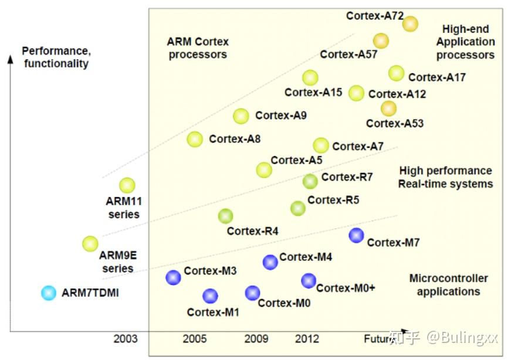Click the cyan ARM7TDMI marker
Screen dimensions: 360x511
(x=49, y=292)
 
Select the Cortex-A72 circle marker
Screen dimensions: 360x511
(x=410, y=23)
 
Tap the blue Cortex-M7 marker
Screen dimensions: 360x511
(x=356, y=235)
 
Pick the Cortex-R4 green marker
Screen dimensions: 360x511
(x=225, y=216)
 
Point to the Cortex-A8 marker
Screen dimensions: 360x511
(x=195, y=139)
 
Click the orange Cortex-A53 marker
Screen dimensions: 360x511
(x=388, y=108)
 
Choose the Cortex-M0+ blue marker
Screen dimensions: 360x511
(x=309, y=281)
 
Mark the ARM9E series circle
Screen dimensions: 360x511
(x=90, y=243)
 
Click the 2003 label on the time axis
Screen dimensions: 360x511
(x=126, y=339)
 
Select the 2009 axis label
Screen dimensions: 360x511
(x=256, y=339)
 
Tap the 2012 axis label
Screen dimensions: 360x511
(x=307, y=339)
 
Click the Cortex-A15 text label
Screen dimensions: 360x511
(x=305, y=92)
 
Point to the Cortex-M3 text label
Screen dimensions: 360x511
(x=210, y=271)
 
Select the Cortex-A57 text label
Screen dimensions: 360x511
(x=348, y=55)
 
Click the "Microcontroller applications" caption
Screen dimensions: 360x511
(x=448, y=285)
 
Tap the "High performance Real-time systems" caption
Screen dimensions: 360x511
(x=445, y=177)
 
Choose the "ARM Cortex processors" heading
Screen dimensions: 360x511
(x=198, y=48)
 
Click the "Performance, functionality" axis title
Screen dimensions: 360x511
(x=56, y=57)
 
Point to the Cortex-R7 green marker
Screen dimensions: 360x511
(x=310, y=181)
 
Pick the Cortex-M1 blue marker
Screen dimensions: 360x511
(x=210, y=296)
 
